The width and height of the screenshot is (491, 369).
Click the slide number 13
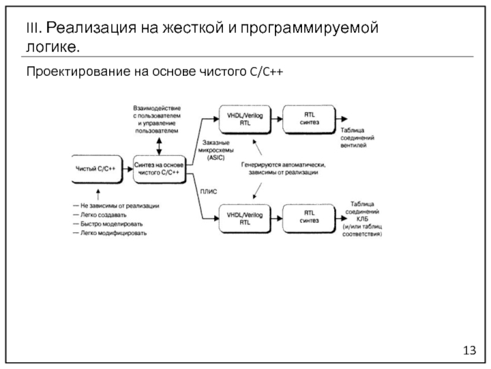470,351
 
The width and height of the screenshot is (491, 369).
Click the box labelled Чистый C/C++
95,168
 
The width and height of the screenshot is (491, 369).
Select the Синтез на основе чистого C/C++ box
159,168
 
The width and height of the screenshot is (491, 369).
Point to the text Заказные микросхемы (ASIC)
214,151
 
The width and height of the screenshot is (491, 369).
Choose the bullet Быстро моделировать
110,224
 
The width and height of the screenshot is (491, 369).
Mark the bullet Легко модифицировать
113,233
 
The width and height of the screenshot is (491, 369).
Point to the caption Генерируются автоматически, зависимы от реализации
282,169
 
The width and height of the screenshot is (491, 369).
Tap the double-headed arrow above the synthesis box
158,145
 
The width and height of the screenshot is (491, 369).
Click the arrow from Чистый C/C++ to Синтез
125,168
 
